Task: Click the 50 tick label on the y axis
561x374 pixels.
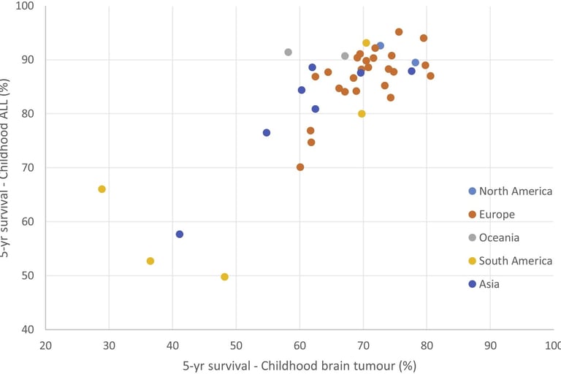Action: pos(30,276)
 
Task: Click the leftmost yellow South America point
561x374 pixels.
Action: pos(102,189)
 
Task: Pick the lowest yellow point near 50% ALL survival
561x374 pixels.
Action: pos(224,277)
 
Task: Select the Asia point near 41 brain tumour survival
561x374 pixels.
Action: pos(180,234)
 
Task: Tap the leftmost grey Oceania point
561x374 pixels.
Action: pos(289,52)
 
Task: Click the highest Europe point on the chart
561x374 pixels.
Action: pos(399,32)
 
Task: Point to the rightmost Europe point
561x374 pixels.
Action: pos(430,76)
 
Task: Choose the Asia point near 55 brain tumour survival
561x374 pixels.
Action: pos(267,133)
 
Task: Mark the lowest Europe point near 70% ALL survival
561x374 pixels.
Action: pos(300,167)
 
